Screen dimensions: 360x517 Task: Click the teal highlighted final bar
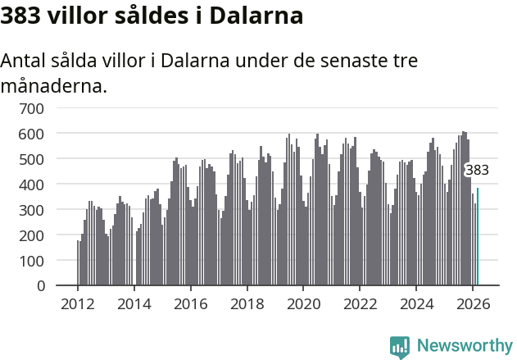478,238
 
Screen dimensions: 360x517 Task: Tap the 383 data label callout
477,171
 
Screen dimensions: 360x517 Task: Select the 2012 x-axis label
78,303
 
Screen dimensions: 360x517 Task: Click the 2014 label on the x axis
134,303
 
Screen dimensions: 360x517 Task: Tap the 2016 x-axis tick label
191,303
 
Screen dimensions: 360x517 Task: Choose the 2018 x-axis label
247,303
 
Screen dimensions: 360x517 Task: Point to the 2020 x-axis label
303,303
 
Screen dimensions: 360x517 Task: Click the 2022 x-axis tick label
360,303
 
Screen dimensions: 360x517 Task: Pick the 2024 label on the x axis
416,303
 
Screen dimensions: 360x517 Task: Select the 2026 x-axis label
473,303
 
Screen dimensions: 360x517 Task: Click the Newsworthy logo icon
400,347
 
